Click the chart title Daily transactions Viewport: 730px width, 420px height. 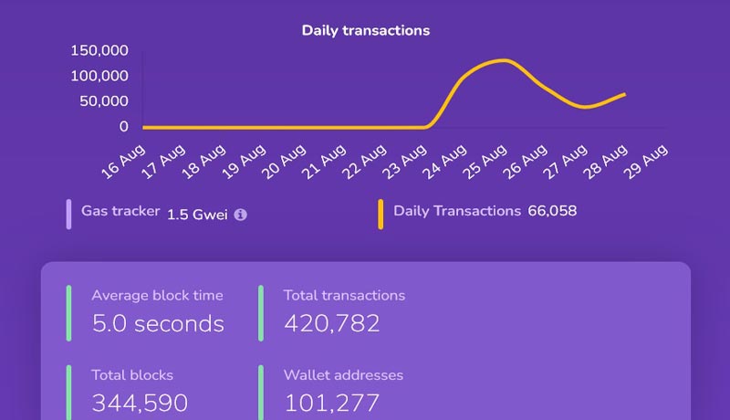coord(365,30)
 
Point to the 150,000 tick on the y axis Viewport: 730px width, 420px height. coord(99,50)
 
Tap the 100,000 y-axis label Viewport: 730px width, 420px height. coord(99,76)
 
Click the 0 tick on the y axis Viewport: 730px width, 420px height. coord(123,127)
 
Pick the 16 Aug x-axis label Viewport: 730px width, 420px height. coord(124,161)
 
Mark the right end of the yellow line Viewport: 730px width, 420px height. coord(625,94)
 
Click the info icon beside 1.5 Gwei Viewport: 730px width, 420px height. coord(240,215)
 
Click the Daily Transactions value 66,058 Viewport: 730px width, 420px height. coord(552,211)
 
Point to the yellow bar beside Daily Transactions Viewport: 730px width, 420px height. coord(381,214)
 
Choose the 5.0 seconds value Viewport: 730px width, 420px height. coord(158,323)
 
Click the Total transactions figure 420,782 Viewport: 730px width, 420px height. coord(332,323)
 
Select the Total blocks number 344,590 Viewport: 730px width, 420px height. coord(140,403)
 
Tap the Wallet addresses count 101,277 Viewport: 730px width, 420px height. coord(332,403)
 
